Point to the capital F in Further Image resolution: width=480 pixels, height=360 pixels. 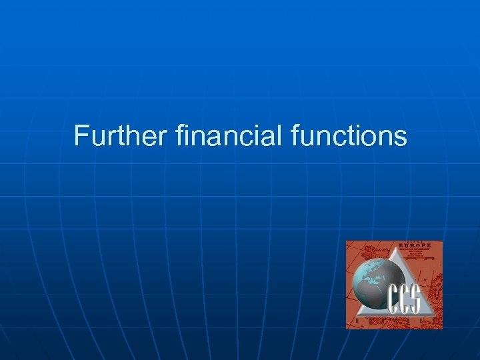pyautogui.click(x=81, y=135)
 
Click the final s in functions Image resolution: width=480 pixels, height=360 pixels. pyautogui.click(x=401, y=137)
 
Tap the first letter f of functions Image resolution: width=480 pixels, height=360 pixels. pyautogui.click(x=296, y=135)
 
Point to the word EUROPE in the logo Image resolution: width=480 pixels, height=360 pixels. pyautogui.click(x=415, y=246)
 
